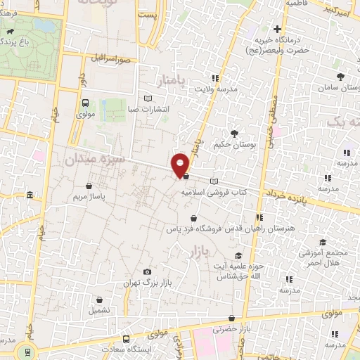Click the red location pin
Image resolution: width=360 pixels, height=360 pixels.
click(181, 165)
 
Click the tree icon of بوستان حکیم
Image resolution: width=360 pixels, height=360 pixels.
click(234, 132)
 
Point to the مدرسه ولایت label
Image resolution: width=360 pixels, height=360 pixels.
click(232, 89)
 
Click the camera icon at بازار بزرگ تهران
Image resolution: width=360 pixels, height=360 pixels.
click(147, 271)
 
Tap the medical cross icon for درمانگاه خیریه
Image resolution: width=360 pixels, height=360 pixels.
click(278, 30)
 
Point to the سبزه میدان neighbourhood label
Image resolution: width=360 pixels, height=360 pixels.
click(95, 160)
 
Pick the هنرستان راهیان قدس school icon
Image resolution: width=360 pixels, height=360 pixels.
click(259, 218)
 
